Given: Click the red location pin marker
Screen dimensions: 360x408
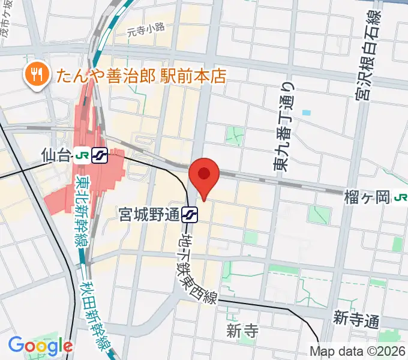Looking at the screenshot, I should [204, 175].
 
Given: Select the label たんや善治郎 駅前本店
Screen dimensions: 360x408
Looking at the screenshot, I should [142, 75].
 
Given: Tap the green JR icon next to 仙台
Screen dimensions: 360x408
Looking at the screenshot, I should [82, 156].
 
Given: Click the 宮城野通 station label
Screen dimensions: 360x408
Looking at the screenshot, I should [149, 213].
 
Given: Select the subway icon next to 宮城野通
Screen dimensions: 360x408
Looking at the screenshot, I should [190, 213].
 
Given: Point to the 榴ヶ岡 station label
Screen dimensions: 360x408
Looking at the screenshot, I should [367, 196].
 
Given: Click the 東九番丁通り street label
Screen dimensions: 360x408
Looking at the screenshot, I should [285, 135].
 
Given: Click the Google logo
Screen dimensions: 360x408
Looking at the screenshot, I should [40, 345].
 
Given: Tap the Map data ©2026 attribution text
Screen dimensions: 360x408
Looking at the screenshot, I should [358, 351].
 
